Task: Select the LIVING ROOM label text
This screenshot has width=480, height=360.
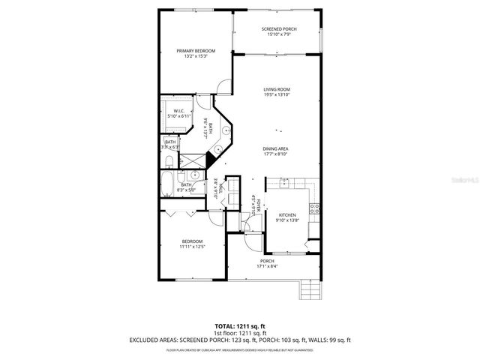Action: [x=277, y=89]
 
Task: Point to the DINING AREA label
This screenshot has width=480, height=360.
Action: [x=276, y=148]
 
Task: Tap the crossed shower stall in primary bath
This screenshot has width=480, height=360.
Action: [x=193, y=160]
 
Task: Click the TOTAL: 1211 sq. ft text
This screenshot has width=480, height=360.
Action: [x=239, y=326]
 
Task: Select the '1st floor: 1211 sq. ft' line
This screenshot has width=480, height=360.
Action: [x=239, y=333]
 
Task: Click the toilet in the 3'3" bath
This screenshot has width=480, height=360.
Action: [x=169, y=160]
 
